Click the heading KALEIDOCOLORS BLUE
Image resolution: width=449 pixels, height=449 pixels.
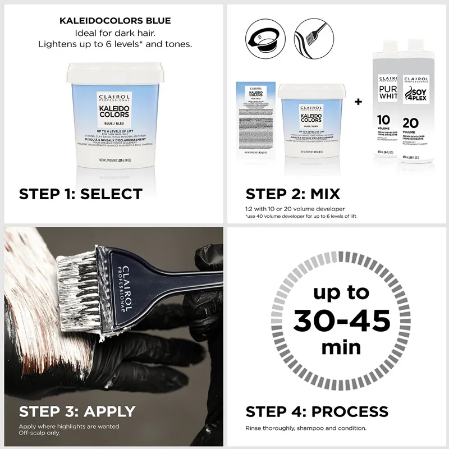click(x=115, y=21)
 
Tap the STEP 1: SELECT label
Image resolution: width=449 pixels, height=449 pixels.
click(x=80, y=194)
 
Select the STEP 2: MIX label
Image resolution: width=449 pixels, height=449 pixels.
click(x=292, y=194)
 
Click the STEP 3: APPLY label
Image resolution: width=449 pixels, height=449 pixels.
click(x=77, y=411)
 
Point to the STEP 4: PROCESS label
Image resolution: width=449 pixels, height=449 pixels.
click(x=317, y=411)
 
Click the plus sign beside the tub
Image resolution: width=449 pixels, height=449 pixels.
click(x=358, y=102)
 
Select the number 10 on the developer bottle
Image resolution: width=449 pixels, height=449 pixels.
click(x=384, y=119)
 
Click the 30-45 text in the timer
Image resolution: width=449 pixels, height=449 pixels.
click(x=341, y=321)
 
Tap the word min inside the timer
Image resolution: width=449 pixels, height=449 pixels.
click(x=341, y=347)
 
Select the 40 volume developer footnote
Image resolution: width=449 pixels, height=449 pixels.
click(x=301, y=216)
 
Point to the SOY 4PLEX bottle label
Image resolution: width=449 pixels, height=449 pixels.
click(x=415, y=90)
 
